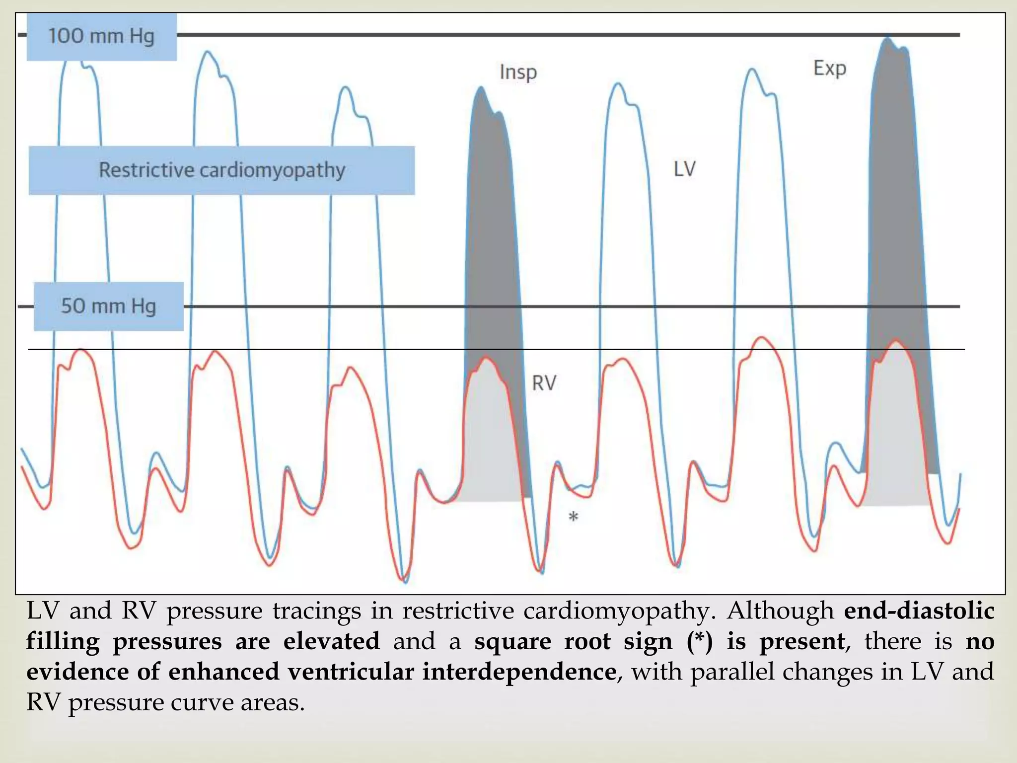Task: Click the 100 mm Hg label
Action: (x=101, y=37)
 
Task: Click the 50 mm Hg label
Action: (x=108, y=306)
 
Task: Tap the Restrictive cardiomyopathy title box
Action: (x=221, y=170)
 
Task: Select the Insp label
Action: (x=518, y=73)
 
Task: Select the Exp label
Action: (x=829, y=68)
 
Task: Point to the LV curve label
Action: (x=684, y=169)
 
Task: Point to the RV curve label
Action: (x=544, y=383)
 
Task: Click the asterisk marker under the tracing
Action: (x=573, y=518)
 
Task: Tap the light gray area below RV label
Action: (x=489, y=447)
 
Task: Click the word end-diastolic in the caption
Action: (x=919, y=611)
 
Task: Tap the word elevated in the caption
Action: (x=331, y=641)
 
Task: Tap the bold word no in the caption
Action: (x=980, y=641)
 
